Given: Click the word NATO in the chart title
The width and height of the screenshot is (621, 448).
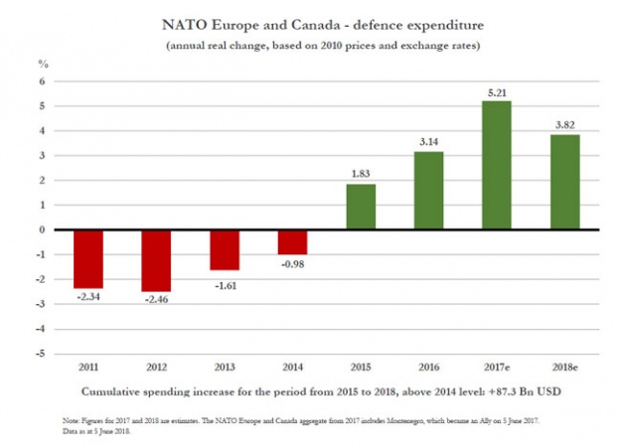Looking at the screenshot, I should click(x=190, y=22).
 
